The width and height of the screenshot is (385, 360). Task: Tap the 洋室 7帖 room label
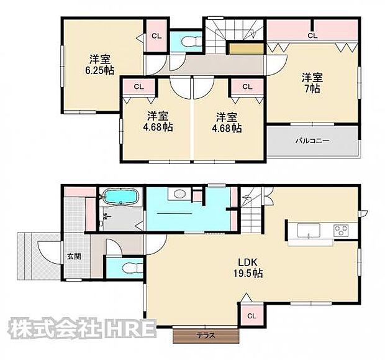pos(312,83)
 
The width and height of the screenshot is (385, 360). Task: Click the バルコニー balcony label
pos(312,141)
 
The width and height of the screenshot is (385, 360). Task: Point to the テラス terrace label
pos(206,336)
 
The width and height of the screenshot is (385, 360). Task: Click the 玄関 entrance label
pos(73,256)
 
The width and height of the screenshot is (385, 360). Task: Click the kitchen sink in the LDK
pos(307,231)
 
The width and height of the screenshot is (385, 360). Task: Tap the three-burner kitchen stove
pos(342,231)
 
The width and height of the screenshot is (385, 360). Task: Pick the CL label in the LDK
pos(251,316)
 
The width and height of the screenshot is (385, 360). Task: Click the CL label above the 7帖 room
pos(312,36)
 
